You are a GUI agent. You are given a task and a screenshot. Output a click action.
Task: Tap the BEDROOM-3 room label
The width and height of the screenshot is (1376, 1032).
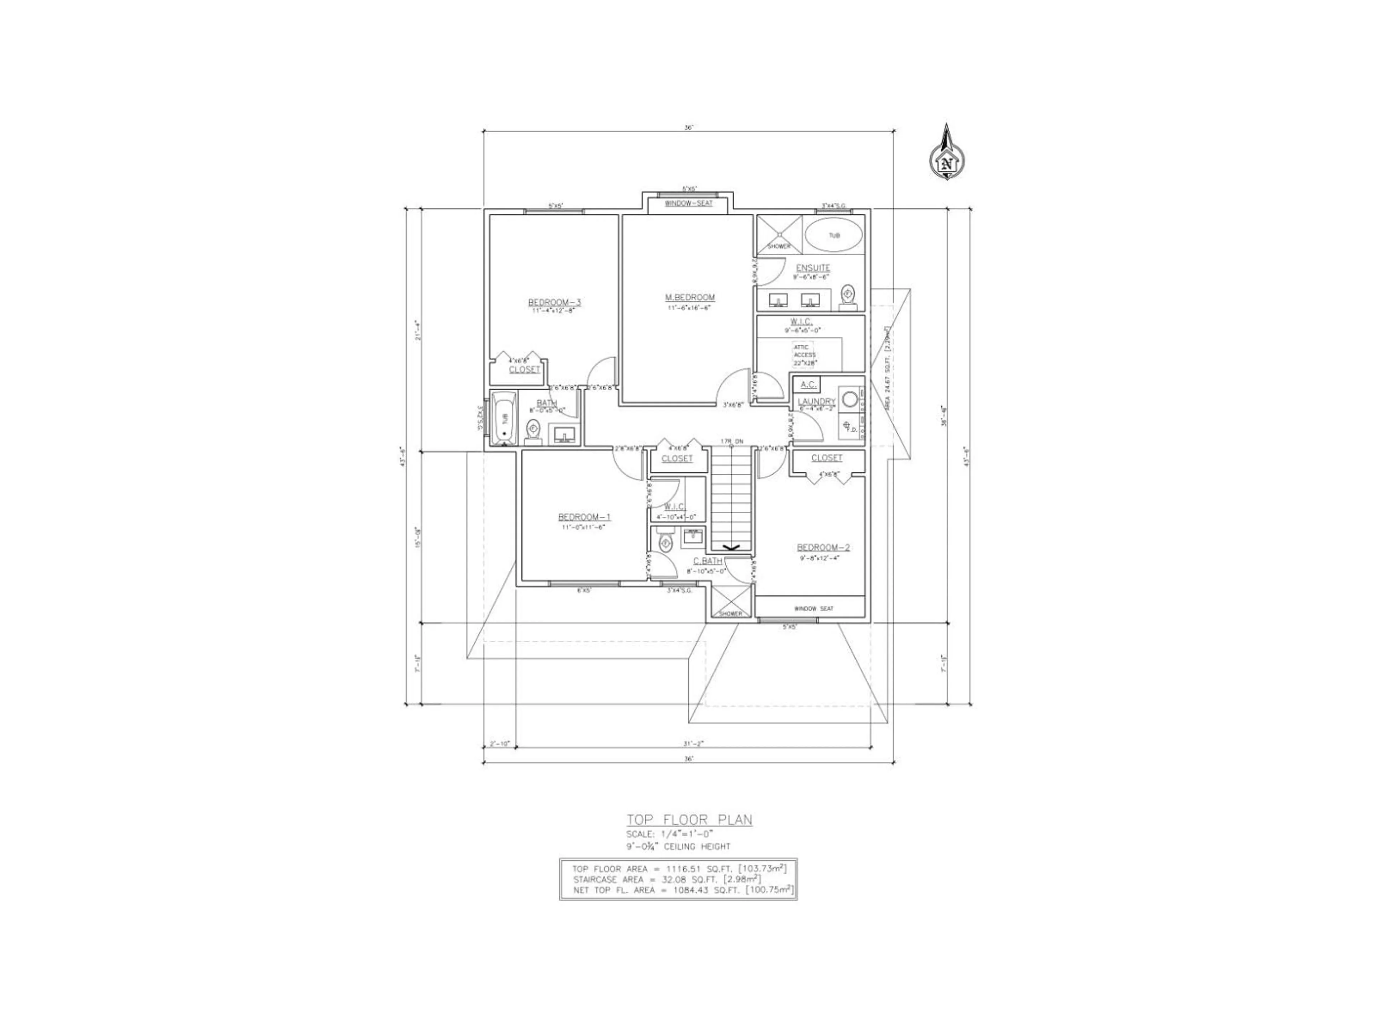coord(554,303)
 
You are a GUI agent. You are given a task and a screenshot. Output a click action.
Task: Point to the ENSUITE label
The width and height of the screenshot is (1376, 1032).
coord(812,268)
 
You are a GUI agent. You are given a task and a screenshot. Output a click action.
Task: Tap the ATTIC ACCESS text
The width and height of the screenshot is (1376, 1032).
coord(804,352)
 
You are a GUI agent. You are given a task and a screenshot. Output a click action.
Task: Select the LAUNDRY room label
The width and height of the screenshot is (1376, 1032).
coord(816,402)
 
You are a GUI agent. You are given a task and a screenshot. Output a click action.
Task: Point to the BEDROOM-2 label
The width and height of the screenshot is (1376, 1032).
coord(823,548)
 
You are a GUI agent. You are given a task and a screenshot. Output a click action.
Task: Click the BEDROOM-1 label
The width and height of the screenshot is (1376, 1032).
coord(584,517)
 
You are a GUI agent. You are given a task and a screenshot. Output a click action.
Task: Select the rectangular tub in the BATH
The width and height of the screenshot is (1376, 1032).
coord(505,418)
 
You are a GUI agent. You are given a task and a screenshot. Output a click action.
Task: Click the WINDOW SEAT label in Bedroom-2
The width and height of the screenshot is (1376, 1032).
coord(813,608)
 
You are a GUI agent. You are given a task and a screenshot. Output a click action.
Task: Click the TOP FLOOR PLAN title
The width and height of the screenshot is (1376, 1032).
coord(689,820)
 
